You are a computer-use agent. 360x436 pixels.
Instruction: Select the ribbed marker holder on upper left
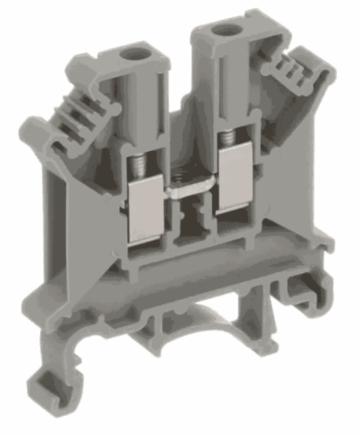tap(75, 117)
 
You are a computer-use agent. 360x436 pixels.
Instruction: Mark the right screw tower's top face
tap(225, 35)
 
